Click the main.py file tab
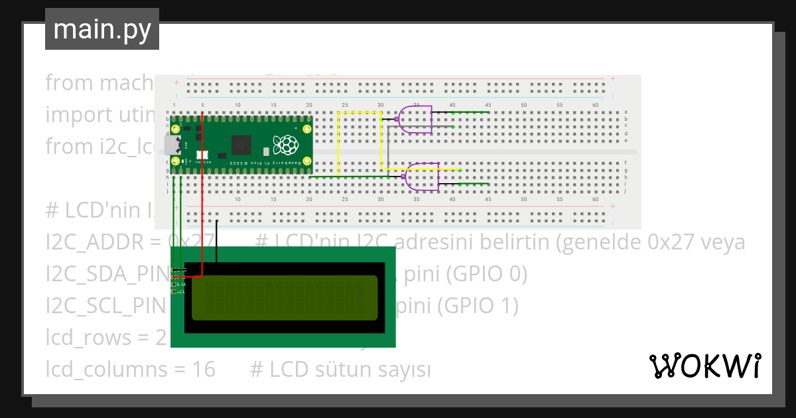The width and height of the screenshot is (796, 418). pyautogui.click(x=102, y=30)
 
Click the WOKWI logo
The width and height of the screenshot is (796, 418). pyautogui.click(x=704, y=366)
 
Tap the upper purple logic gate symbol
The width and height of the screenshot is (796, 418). pyautogui.click(x=417, y=119)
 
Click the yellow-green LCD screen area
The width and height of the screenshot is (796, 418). pyautogui.click(x=286, y=297)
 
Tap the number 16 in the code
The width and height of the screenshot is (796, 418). pyautogui.click(x=204, y=368)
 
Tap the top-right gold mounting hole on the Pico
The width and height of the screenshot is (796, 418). pyautogui.click(x=306, y=129)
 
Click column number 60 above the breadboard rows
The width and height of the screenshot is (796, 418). pyautogui.click(x=595, y=105)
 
